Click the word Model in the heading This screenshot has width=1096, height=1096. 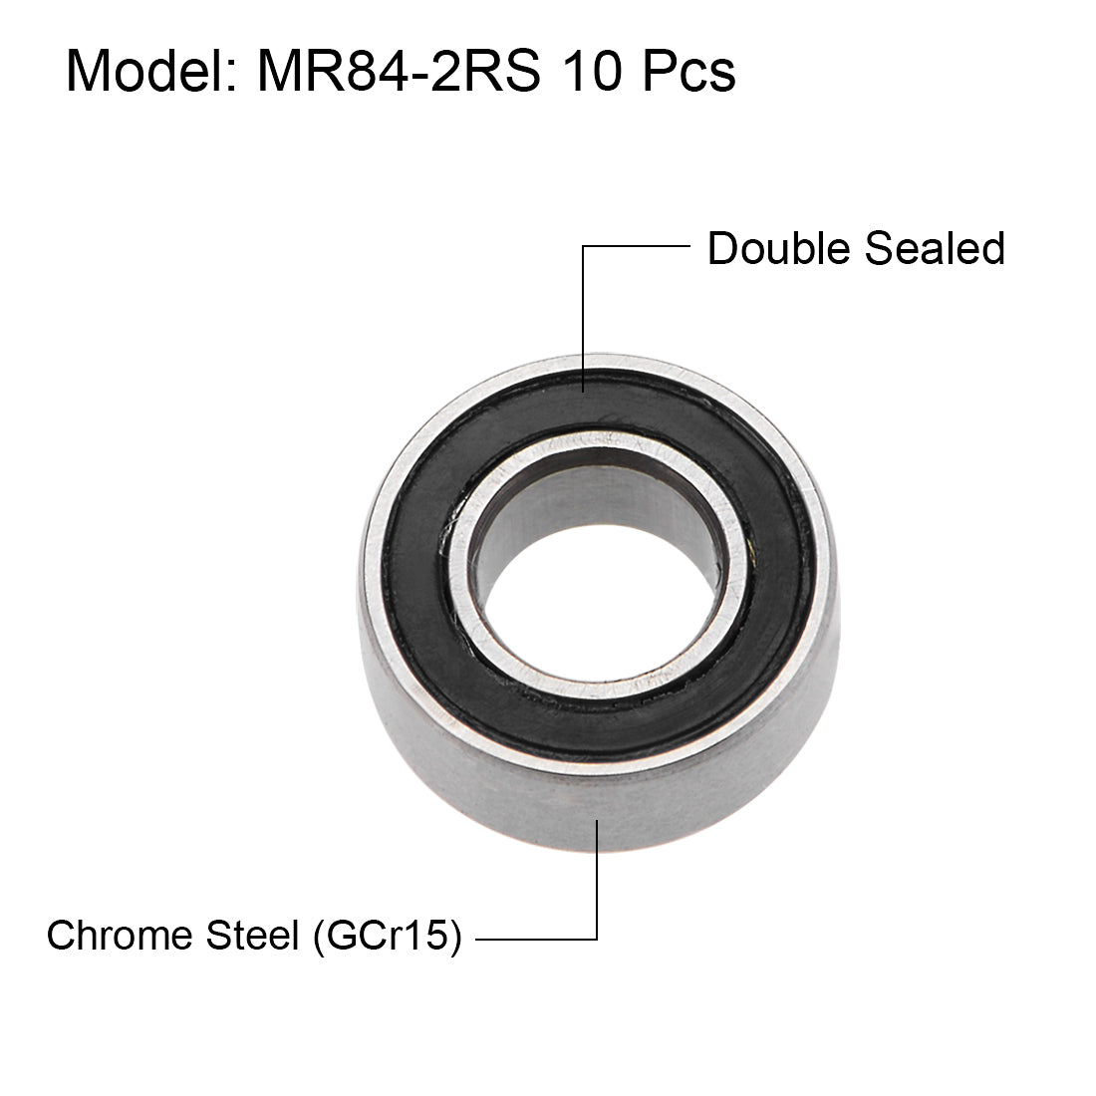(139, 72)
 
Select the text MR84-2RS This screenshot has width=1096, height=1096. (399, 72)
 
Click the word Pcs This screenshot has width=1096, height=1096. (685, 72)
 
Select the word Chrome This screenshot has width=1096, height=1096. (119, 936)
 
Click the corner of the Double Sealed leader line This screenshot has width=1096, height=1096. (584, 247)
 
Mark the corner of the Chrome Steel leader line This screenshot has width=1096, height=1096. (597, 938)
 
